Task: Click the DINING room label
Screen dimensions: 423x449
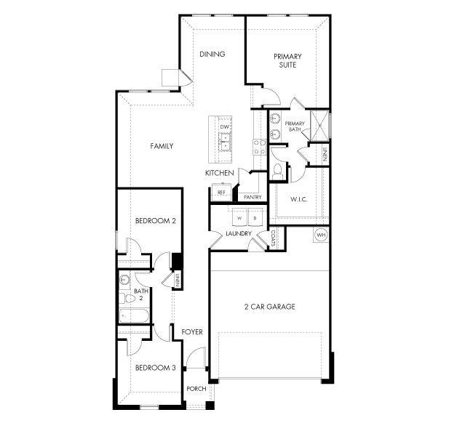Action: [x=212, y=54]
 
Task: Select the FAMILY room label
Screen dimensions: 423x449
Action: [x=162, y=146]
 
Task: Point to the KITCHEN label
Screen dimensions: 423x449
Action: [x=218, y=173]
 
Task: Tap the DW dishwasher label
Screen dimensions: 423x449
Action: [x=226, y=127]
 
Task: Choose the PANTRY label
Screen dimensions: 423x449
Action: [x=253, y=197]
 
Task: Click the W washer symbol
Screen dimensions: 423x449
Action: [x=238, y=217]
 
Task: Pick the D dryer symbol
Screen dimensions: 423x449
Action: [x=255, y=217]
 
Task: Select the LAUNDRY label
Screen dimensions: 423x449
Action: [x=238, y=233]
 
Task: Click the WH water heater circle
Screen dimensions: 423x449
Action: [x=321, y=235]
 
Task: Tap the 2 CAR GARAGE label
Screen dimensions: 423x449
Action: [x=269, y=307]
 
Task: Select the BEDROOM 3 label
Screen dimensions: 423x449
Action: [x=156, y=368]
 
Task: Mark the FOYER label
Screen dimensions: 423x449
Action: [x=192, y=332]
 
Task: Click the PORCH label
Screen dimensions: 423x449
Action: [x=196, y=389]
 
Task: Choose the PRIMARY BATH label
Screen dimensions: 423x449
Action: [x=294, y=126]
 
